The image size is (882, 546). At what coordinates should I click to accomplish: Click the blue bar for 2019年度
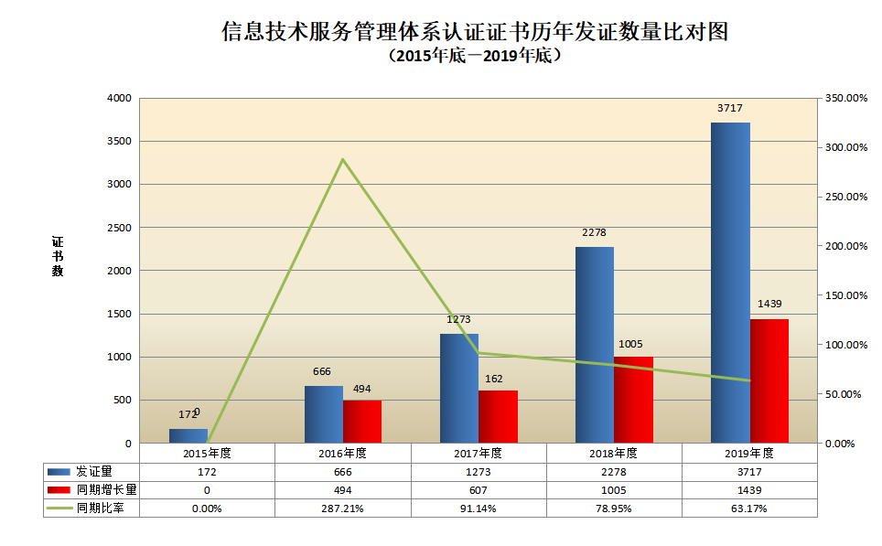(x=730, y=283)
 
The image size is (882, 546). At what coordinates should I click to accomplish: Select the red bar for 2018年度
(x=633, y=400)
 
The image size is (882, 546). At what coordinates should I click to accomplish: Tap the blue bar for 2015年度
(x=188, y=435)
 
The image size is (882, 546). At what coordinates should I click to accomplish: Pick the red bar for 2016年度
(x=362, y=422)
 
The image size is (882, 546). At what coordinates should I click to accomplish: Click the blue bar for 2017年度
(x=459, y=388)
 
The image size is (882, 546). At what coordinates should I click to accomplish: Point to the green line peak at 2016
(x=343, y=160)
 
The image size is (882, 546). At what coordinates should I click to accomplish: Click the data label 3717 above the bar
(x=730, y=108)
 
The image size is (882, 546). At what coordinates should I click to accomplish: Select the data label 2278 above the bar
(x=595, y=232)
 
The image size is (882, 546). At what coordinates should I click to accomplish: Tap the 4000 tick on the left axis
(x=120, y=98)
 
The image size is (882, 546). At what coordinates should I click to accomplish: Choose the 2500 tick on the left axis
(x=120, y=228)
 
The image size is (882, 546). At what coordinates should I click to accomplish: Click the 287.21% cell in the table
(x=343, y=509)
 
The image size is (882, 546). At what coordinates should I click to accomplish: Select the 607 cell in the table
(x=479, y=490)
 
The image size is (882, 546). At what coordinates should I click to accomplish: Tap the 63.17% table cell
(x=749, y=509)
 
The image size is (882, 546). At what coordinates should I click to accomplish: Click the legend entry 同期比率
(x=107, y=509)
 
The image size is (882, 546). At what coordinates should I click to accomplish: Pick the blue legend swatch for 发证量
(x=60, y=472)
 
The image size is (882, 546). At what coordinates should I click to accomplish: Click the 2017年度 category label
(x=479, y=453)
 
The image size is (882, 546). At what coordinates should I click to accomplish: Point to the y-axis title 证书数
(x=58, y=257)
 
